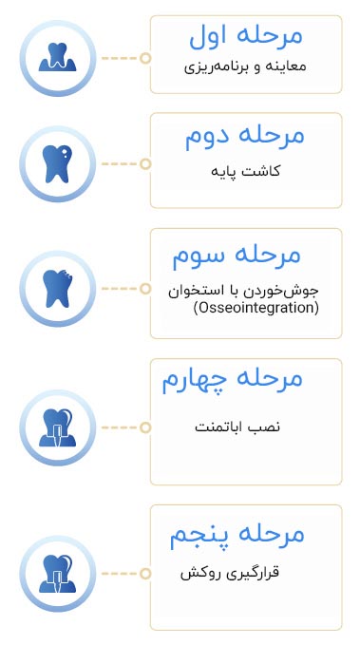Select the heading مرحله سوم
click(x=237, y=255)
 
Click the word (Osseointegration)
click(x=256, y=309)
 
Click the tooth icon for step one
click(x=58, y=58)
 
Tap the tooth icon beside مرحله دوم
click(x=58, y=163)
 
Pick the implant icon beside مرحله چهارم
click(x=58, y=427)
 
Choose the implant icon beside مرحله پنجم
click(x=58, y=574)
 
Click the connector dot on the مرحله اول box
click(x=145, y=58)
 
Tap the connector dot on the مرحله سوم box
click(x=145, y=289)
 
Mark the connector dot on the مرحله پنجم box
click(x=145, y=574)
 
